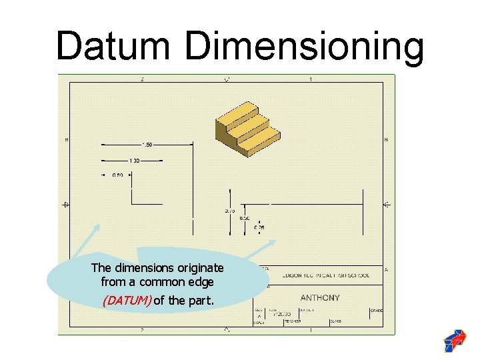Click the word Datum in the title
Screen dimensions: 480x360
tap(115, 46)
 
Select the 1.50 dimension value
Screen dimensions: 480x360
tap(147, 144)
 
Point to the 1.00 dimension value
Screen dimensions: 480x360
tap(134, 160)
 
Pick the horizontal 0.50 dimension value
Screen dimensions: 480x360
tap(117, 175)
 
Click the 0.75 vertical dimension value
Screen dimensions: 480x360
tap(229, 211)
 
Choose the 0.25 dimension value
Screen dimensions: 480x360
tap(259, 227)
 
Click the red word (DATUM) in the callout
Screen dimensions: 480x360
tap(127, 300)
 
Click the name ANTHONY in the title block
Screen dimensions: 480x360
tap(320, 298)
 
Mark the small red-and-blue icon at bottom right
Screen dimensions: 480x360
tap(455, 340)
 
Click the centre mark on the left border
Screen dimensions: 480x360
tap(65, 204)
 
